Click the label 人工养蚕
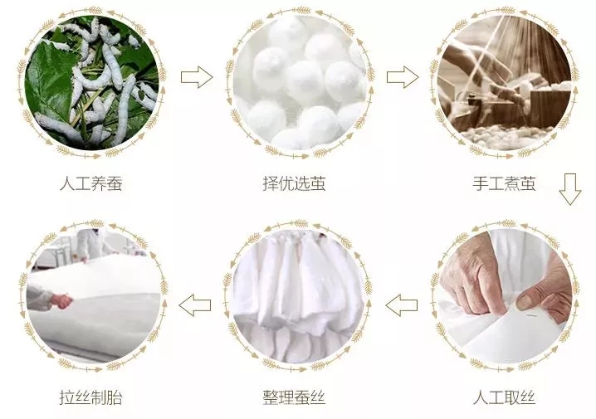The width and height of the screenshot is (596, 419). click(x=91, y=183)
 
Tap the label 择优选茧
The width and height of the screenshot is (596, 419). click(x=295, y=183)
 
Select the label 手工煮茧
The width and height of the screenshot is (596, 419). click(x=505, y=183)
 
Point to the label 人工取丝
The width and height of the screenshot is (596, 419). click(x=505, y=397)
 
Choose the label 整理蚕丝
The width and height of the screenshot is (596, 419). click(x=295, y=397)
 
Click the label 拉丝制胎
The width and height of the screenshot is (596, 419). click(x=91, y=397)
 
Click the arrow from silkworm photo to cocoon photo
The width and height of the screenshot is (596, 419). click(x=197, y=77)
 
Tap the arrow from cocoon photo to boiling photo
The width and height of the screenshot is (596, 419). click(x=403, y=77)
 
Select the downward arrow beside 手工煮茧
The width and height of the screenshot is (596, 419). click(x=570, y=189)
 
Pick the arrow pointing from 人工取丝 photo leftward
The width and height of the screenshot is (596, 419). click(x=402, y=305)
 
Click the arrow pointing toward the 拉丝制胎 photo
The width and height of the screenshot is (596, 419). click(x=195, y=305)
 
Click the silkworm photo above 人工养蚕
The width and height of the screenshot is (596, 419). click(x=91, y=82)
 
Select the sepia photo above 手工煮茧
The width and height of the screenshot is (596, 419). click(x=505, y=82)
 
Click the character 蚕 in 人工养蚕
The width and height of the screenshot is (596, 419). click(x=115, y=183)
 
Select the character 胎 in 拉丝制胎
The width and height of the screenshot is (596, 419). click(x=115, y=397)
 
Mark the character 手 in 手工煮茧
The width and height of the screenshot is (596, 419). click(x=481, y=183)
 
